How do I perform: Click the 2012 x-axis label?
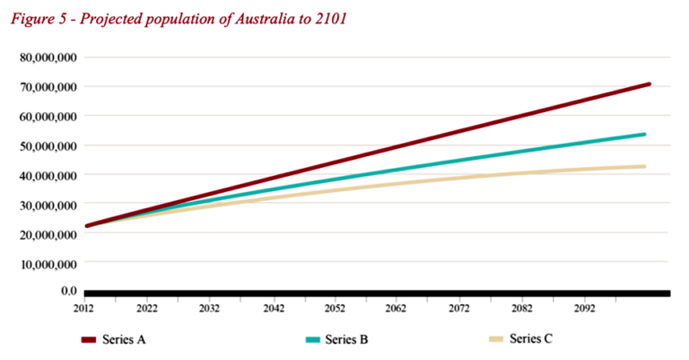click(x=83, y=307)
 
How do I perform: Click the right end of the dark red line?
click(x=648, y=84)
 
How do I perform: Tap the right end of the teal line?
click(x=643, y=135)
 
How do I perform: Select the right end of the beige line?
click(x=643, y=166)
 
